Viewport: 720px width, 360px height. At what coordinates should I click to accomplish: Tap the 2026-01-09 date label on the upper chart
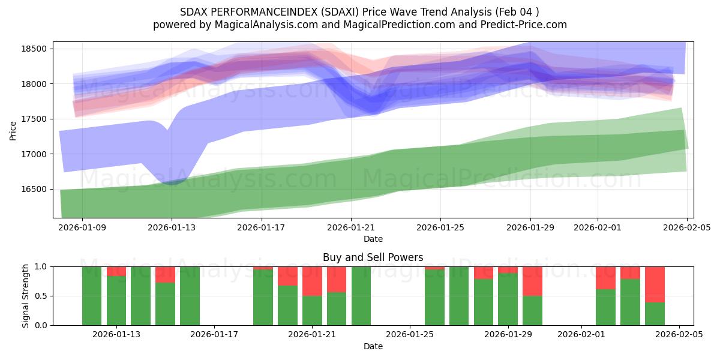(82, 228)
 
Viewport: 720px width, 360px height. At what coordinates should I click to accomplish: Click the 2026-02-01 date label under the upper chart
(597, 228)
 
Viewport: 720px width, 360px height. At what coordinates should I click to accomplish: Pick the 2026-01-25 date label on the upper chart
(440, 228)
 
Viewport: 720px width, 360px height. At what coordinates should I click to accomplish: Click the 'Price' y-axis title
(13, 130)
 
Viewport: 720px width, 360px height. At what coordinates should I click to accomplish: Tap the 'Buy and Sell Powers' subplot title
(373, 257)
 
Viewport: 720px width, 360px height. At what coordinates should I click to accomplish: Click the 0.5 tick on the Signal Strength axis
(42, 296)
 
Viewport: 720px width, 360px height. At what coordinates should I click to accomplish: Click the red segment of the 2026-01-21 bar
(312, 281)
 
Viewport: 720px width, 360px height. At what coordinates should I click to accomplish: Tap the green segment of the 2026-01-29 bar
(508, 299)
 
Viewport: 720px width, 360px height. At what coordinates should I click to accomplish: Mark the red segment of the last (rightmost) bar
(655, 284)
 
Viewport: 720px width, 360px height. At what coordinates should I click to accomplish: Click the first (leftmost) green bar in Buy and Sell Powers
(92, 296)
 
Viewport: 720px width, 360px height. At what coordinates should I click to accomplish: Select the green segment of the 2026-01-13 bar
(116, 300)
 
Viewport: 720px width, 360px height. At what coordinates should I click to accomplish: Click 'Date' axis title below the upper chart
(373, 239)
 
